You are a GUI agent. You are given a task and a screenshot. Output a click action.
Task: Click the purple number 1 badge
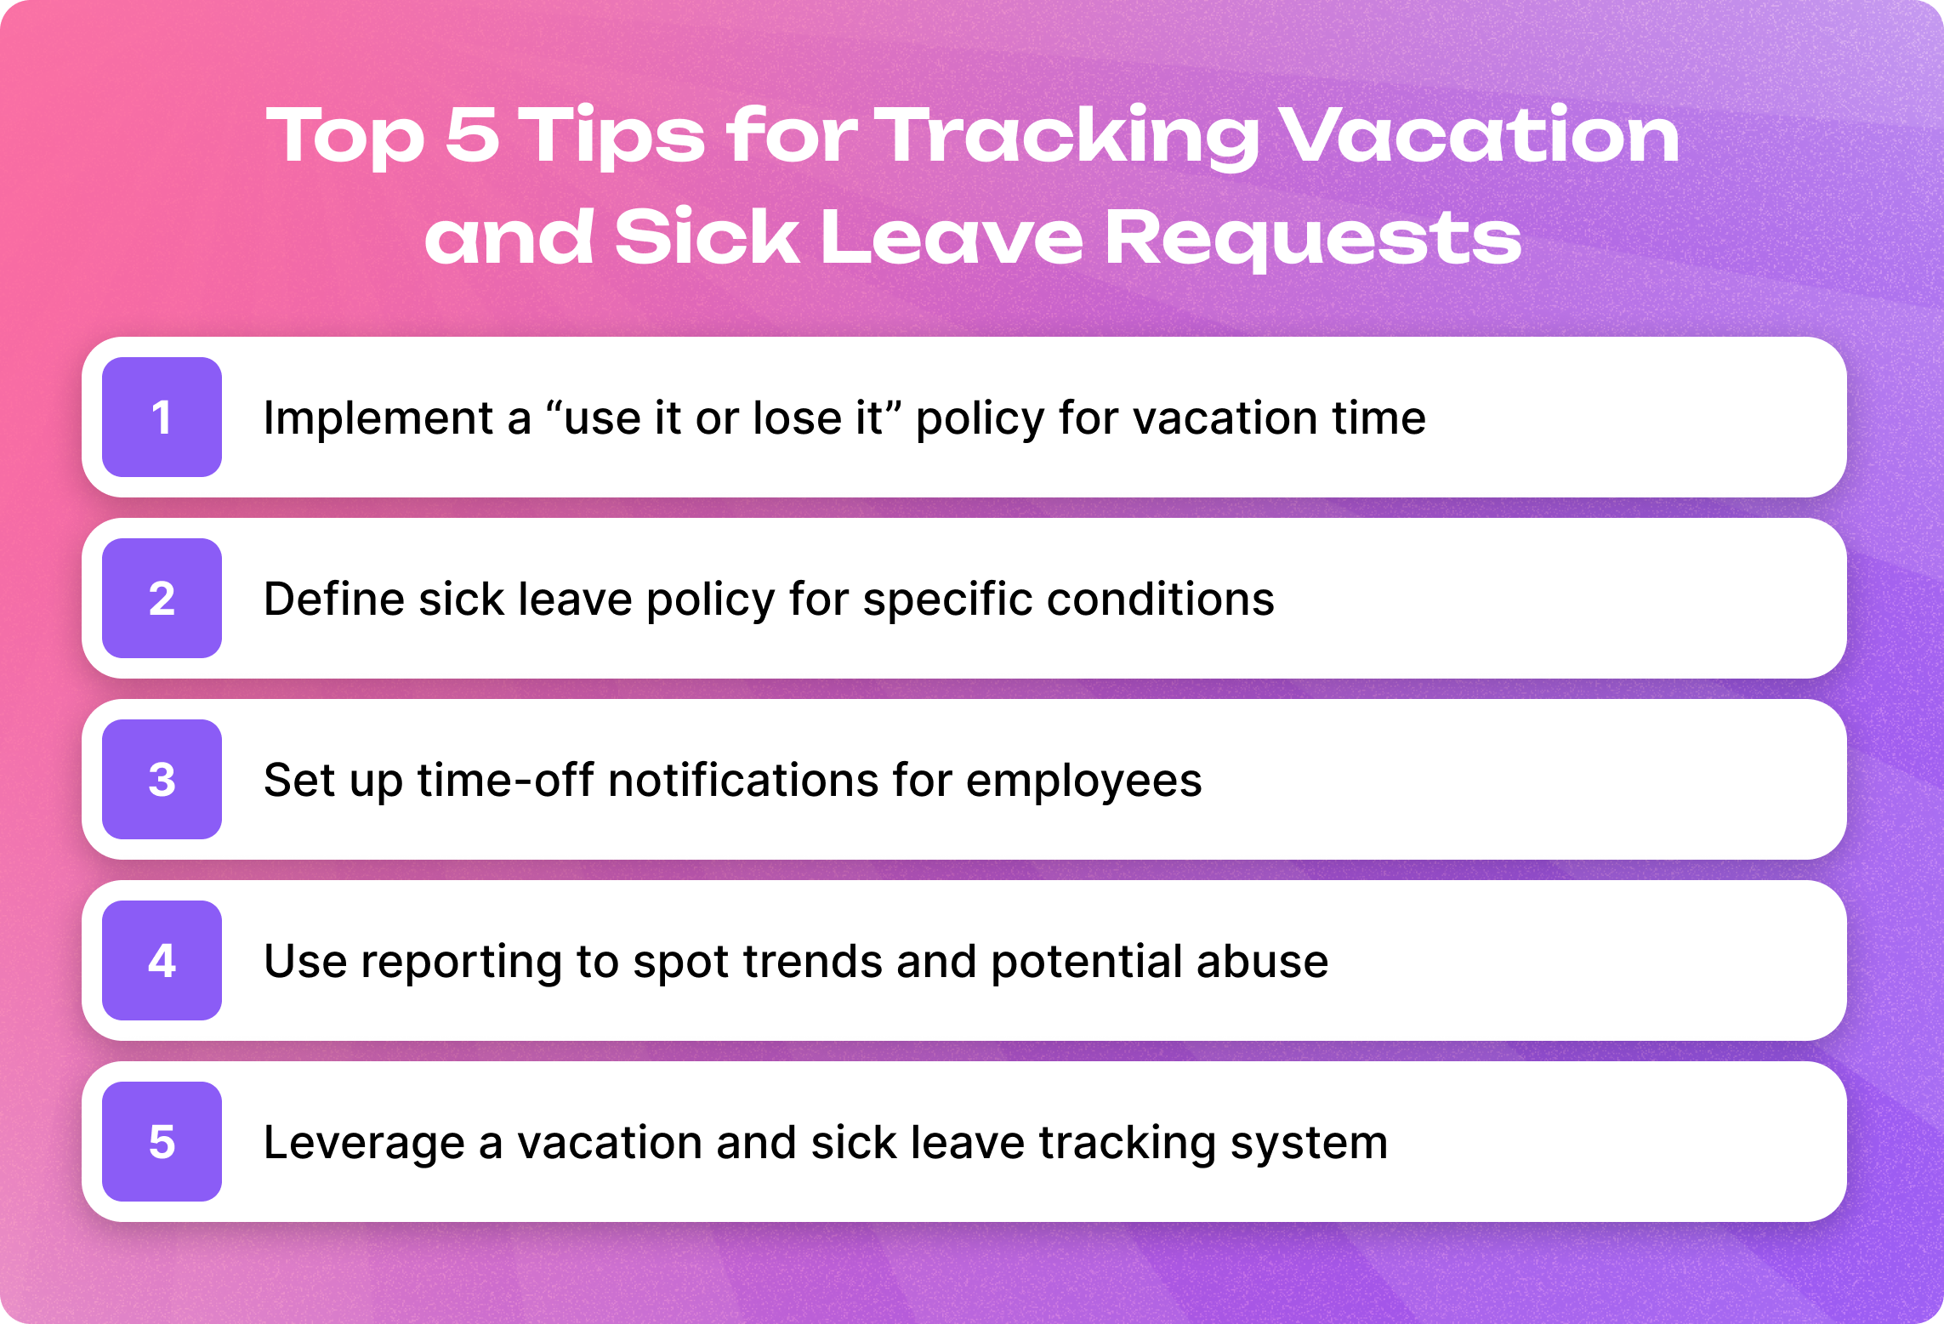(162, 417)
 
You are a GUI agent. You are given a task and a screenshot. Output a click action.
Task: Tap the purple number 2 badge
(162, 598)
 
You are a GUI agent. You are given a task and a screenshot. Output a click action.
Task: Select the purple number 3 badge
(162, 779)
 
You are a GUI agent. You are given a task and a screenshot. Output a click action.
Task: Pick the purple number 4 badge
(162, 960)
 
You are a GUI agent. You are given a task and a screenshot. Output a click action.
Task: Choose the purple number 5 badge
(162, 1141)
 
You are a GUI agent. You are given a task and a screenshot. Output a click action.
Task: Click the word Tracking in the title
(1067, 138)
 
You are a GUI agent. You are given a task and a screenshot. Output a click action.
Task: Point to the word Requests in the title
(1313, 240)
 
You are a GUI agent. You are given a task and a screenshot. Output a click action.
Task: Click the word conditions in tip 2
(1161, 599)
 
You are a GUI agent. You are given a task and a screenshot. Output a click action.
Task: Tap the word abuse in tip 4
(1262, 961)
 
